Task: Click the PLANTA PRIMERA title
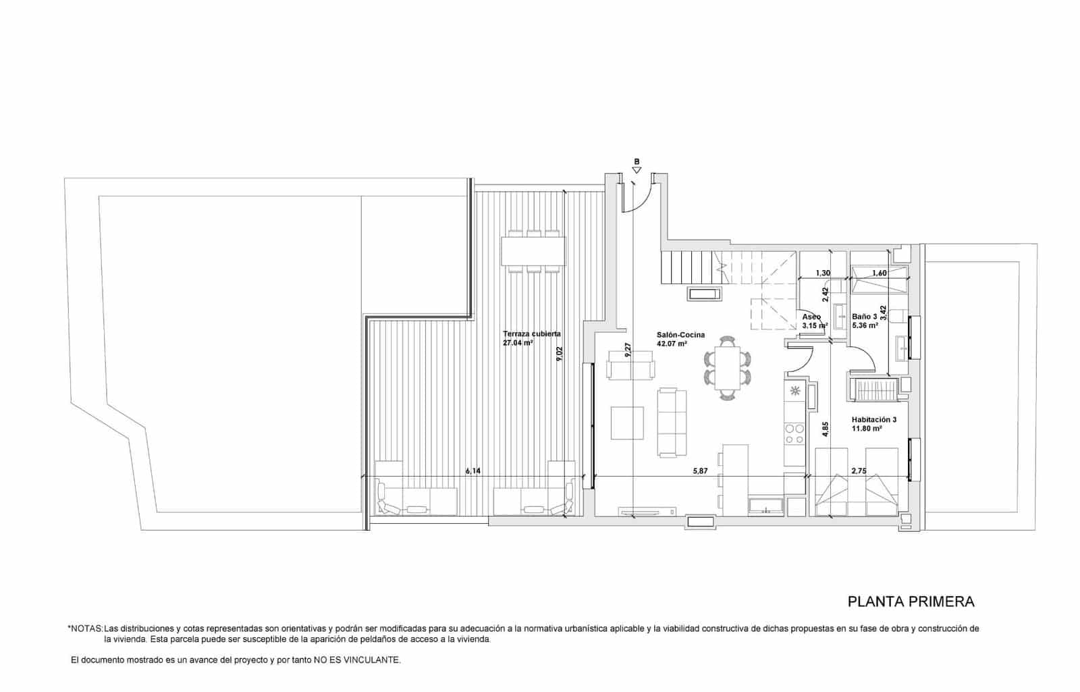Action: click(911, 602)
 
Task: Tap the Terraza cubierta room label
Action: click(531, 334)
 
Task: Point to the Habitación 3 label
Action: click(873, 419)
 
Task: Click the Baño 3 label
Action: click(864, 316)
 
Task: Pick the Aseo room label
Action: click(811, 316)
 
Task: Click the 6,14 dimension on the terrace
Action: click(473, 471)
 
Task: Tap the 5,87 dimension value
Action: click(700, 471)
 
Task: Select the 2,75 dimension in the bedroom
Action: click(859, 471)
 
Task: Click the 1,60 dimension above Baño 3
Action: click(879, 273)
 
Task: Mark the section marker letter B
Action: click(637, 161)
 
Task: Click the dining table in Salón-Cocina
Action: click(726, 368)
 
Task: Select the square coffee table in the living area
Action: click(628, 423)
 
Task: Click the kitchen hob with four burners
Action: click(794, 433)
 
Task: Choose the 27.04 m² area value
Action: click(518, 343)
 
